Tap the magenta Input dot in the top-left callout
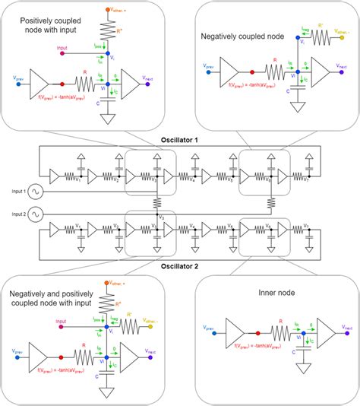coord(58,54)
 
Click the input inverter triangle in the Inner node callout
coord(234,331)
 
